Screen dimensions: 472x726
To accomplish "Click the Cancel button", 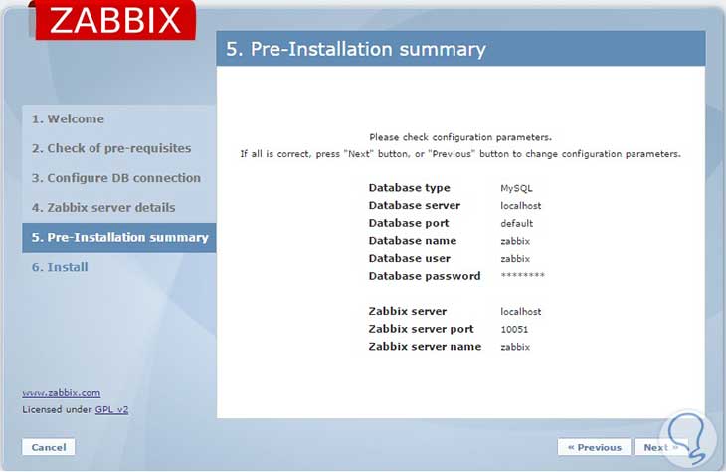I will pyautogui.click(x=49, y=447).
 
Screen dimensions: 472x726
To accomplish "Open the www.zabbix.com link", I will pyautogui.click(x=61, y=392).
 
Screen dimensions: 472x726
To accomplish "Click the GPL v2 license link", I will pyautogui.click(x=111, y=408).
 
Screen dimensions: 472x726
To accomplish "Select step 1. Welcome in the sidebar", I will pyautogui.click(x=68, y=119).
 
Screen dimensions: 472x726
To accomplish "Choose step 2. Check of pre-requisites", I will pyautogui.click(x=111, y=148).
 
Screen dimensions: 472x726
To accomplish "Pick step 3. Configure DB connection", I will pyautogui.click(x=116, y=178).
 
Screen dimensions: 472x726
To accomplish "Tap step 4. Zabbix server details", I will pyautogui.click(x=103, y=207).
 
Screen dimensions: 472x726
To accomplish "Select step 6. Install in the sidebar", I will pyautogui.click(x=60, y=267).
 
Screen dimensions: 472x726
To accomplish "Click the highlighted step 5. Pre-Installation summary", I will pyautogui.click(x=119, y=237).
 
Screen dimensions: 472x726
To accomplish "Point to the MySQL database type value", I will pyautogui.click(x=516, y=188).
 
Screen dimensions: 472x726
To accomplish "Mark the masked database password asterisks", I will pyautogui.click(x=523, y=276).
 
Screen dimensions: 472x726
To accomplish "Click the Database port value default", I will pyautogui.click(x=517, y=223).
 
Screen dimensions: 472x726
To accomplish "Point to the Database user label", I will pyautogui.click(x=408, y=258).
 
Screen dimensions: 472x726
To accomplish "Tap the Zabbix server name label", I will pyautogui.click(x=425, y=347).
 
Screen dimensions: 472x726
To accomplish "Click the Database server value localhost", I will pyautogui.click(x=521, y=205).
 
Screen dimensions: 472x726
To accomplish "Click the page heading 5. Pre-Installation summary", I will pyautogui.click(x=356, y=49).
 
